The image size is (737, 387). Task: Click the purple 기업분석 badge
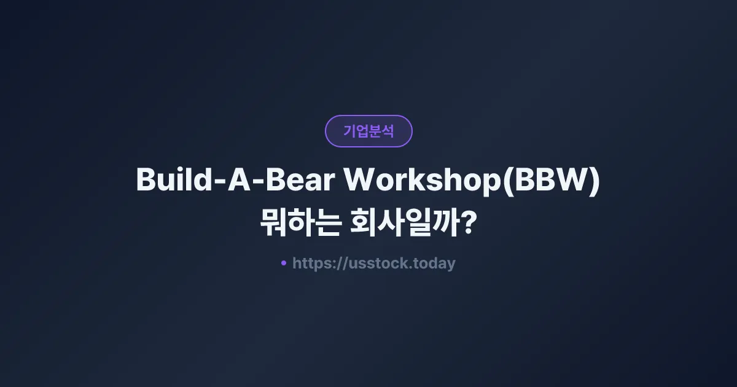coord(368,131)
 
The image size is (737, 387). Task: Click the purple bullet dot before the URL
coord(284,263)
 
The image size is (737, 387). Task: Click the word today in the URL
coord(434,264)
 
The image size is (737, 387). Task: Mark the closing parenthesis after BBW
coord(593,181)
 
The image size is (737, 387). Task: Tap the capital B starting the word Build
coord(145,180)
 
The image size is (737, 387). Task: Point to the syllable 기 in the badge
coord(349,131)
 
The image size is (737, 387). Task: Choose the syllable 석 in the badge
coord(388,131)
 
